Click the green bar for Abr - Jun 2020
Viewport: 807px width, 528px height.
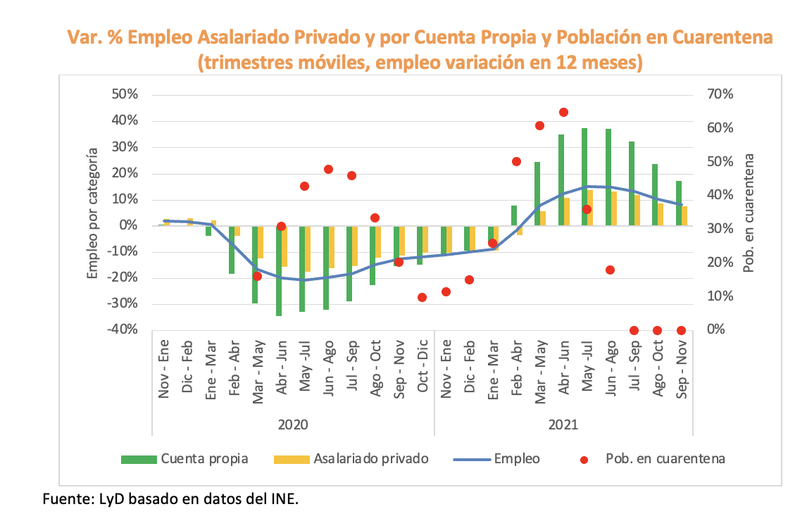279,271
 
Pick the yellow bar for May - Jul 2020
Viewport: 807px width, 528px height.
308,249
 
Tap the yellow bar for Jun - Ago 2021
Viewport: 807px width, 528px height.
614,208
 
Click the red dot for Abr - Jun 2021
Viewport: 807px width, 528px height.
563,112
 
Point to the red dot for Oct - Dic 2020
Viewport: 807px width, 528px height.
423,297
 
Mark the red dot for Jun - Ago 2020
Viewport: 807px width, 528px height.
328,169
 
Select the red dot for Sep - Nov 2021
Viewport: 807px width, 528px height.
681,330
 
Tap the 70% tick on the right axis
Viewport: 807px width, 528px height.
720,94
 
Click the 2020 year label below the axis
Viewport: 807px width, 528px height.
293,425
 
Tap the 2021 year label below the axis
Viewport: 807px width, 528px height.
563,425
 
